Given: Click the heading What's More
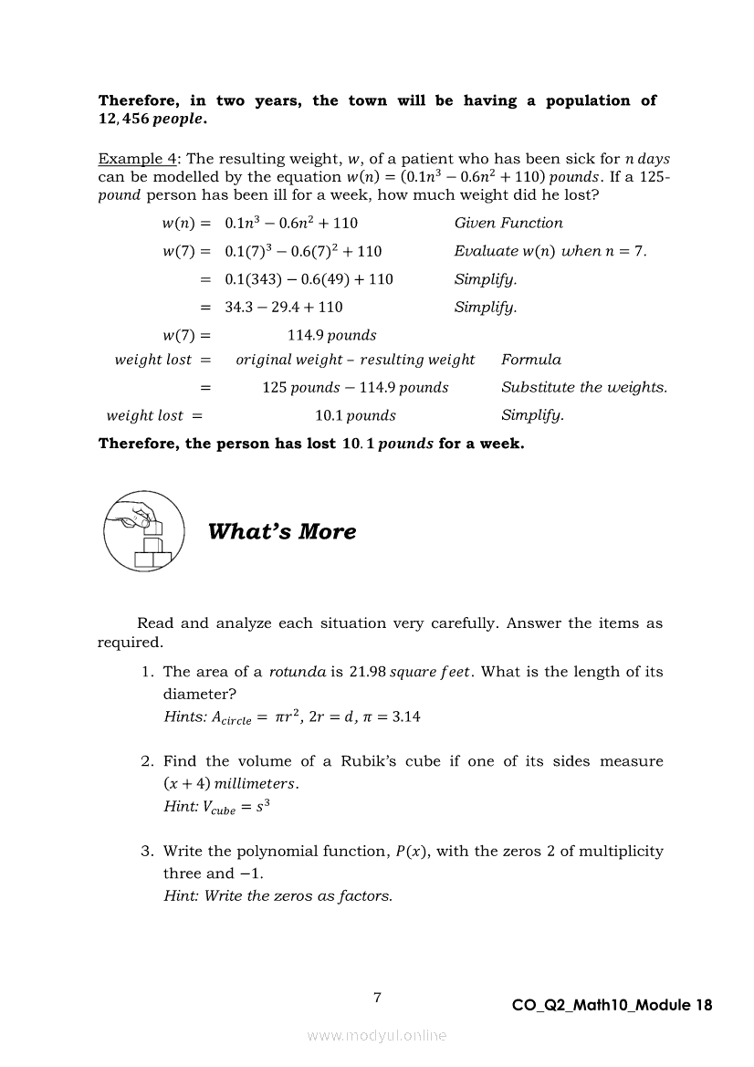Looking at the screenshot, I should pyautogui.click(x=282, y=532).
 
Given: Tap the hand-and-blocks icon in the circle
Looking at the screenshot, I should pyautogui.click(x=143, y=530).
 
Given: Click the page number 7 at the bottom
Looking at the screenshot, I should pyautogui.click(x=377, y=998).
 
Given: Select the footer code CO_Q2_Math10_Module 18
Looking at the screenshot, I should pyautogui.click(x=613, y=1006).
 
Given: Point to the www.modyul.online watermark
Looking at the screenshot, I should pyautogui.click(x=377, y=1035).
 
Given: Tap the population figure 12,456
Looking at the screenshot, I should pyautogui.click(x=123, y=120).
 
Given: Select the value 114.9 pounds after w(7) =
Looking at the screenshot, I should pyautogui.click(x=331, y=335).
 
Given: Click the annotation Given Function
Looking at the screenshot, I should pyautogui.click(x=508, y=223).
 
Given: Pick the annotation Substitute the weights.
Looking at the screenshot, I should pyautogui.click(x=584, y=387).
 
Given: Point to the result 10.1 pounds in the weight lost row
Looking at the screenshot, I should pyautogui.click(x=355, y=415).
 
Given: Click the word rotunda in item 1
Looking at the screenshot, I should pyautogui.click(x=298, y=672).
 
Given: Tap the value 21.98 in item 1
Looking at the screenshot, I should pyautogui.click(x=367, y=672).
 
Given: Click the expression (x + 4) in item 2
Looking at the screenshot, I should pyautogui.click(x=186, y=783).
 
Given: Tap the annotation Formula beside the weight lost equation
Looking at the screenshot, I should pyautogui.click(x=531, y=360).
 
